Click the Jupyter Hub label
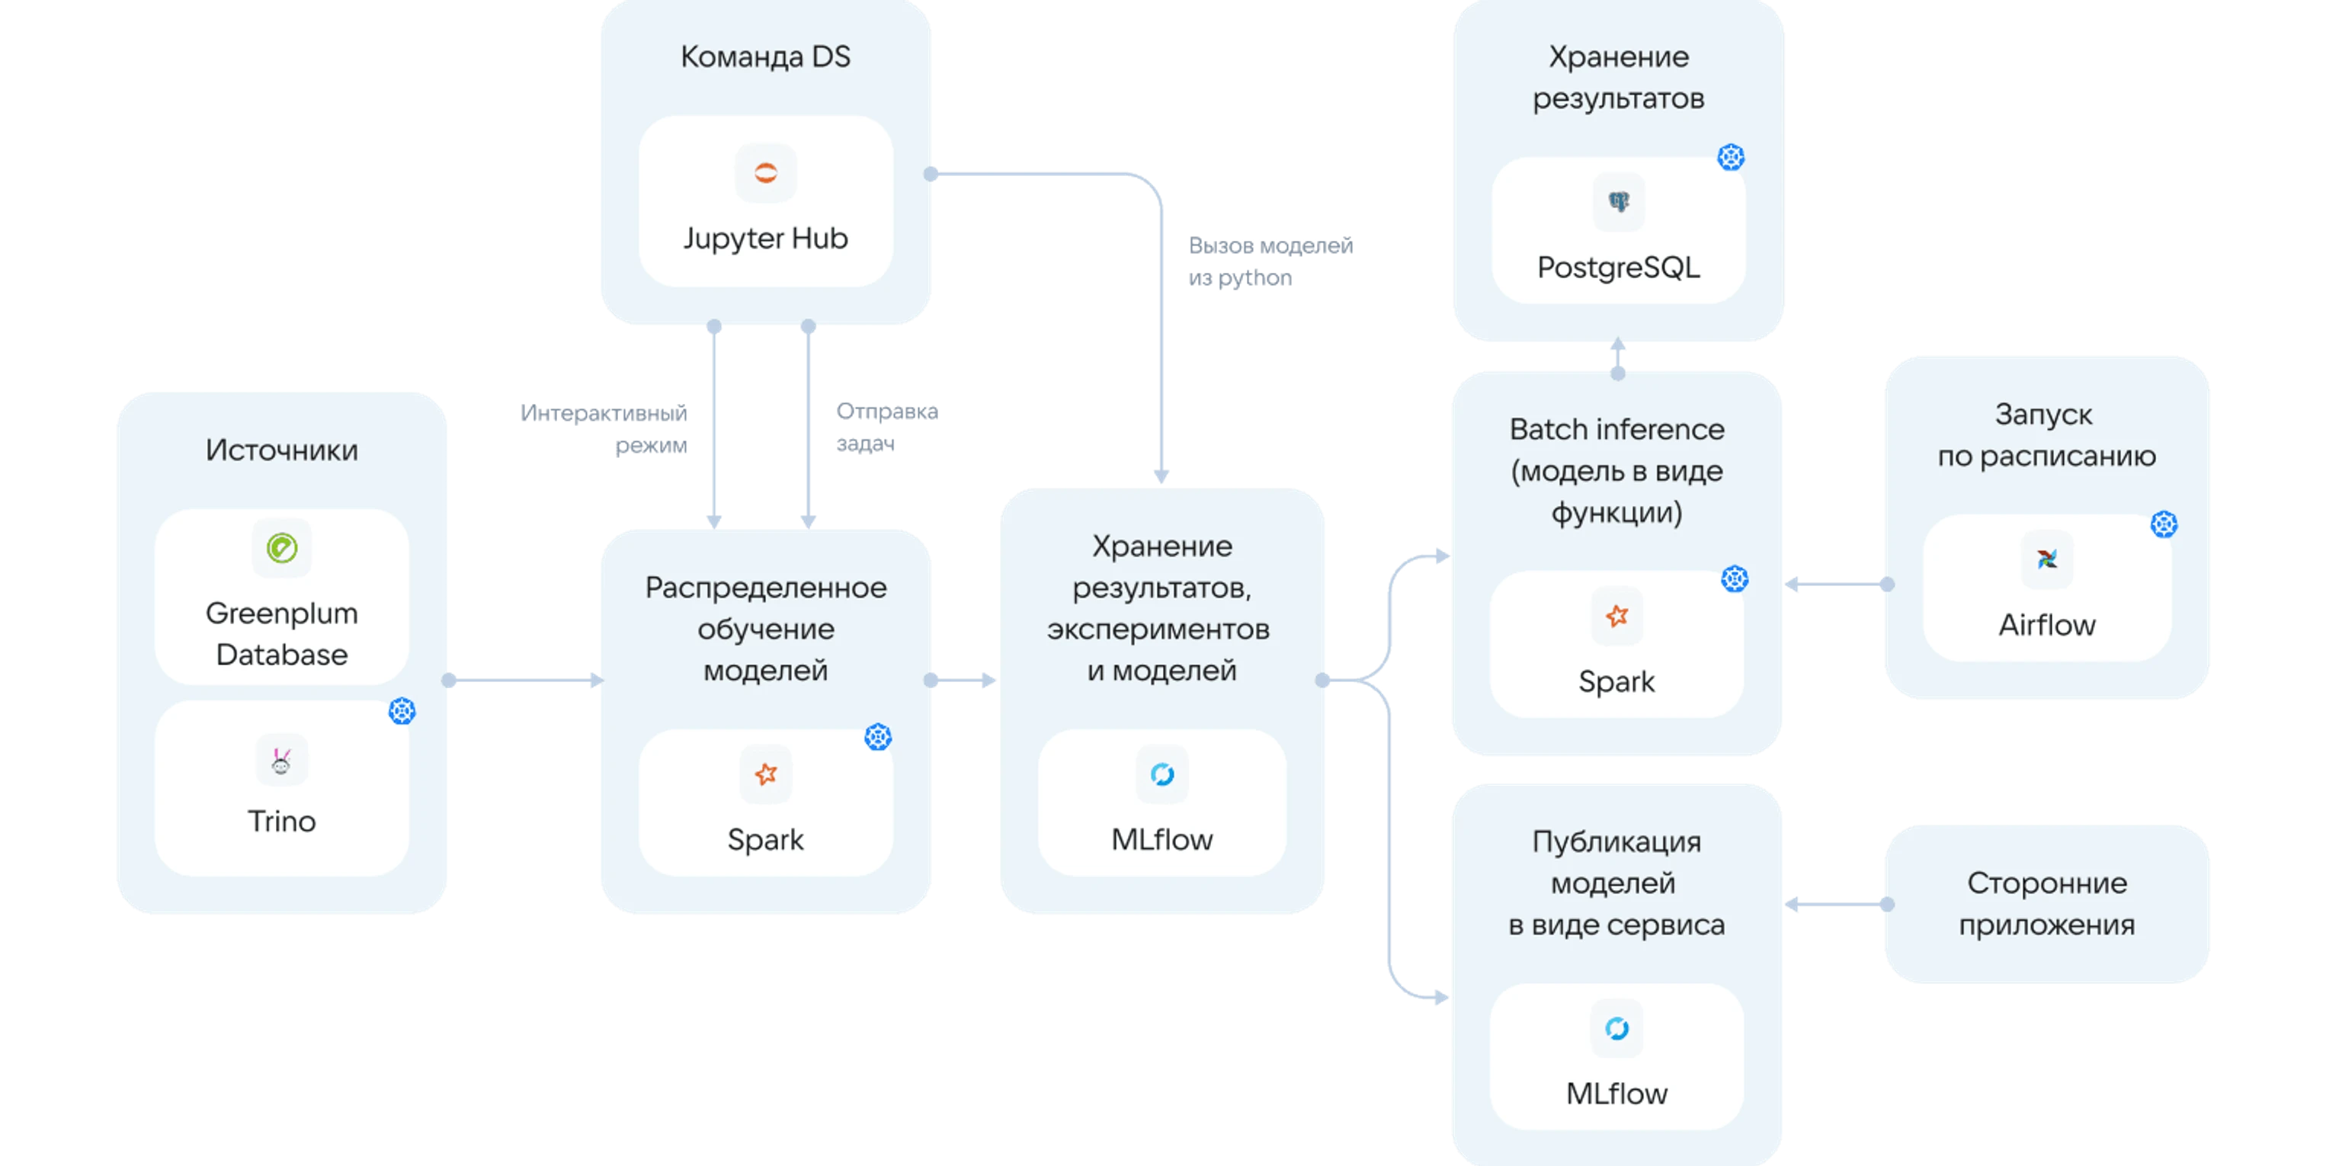pos(765,239)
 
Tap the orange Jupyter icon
pos(765,172)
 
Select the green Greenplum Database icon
pos(282,548)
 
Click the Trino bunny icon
pos(282,761)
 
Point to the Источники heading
pos(282,450)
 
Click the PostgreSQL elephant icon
pos(1618,202)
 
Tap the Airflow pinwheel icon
pos(2046,559)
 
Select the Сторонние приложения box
pos(2047,904)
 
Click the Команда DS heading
pos(765,57)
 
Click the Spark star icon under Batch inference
pos(1616,616)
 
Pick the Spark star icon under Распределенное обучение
pos(766,774)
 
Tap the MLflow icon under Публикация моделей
pos(1616,1028)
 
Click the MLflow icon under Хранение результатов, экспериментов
pos(1162,774)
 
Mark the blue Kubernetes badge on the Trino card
pos(402,711)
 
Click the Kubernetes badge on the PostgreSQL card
pos(1730,157)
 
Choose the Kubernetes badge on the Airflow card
pos(2164,524)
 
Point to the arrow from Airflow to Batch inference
pos(1837,585)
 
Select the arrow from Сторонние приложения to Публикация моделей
pos(1837,904)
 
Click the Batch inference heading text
pos(1616,430)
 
